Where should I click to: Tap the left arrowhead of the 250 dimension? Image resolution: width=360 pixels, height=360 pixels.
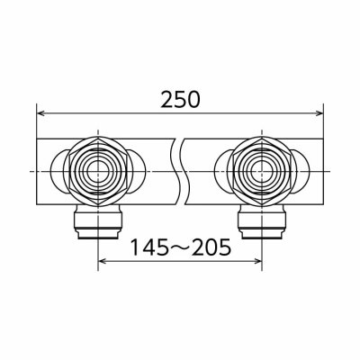click(40, 113)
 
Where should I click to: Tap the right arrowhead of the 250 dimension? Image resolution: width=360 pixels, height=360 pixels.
click(319, 113)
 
